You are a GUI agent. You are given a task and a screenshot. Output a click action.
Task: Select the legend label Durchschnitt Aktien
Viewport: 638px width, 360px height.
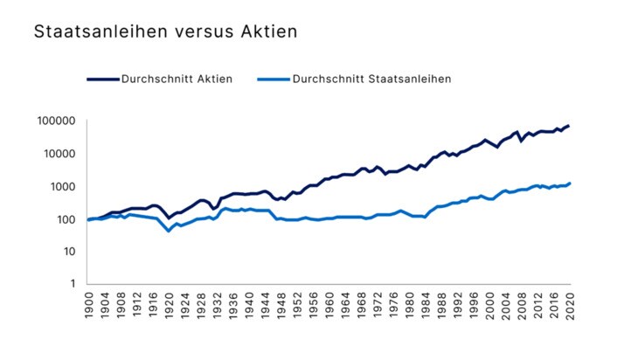click(x=177, y=79)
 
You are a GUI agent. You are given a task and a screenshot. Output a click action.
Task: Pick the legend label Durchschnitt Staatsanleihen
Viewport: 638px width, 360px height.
click(x=371, y=79)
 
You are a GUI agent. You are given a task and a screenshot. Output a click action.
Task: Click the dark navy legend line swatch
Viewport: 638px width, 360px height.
click(x=102, y=79)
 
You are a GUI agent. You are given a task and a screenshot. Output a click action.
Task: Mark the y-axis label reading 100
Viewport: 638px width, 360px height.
click(x=66, y=219)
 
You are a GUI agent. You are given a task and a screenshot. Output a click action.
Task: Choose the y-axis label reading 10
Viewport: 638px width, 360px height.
click(x=68, y=252)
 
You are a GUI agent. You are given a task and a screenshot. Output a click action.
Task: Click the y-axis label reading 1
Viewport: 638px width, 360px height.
click(x=72, y=284)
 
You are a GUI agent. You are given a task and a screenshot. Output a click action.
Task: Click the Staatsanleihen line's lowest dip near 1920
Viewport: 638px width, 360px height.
click(x=169, y=231)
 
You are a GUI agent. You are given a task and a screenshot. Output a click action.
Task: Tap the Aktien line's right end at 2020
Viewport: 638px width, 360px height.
click(x=569, y=126)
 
